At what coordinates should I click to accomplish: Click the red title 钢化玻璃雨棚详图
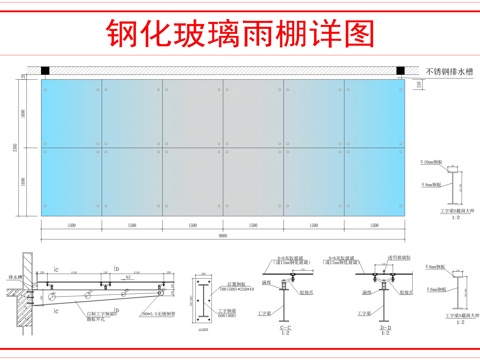(239, 34)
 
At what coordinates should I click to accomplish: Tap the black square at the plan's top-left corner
(45, 69)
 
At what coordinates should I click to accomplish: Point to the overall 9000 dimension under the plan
(222, 237)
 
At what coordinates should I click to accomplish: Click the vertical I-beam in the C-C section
(286, 291)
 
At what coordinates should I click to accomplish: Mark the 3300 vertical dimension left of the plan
(29, 147)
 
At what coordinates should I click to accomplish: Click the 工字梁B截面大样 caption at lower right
(452, 318)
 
